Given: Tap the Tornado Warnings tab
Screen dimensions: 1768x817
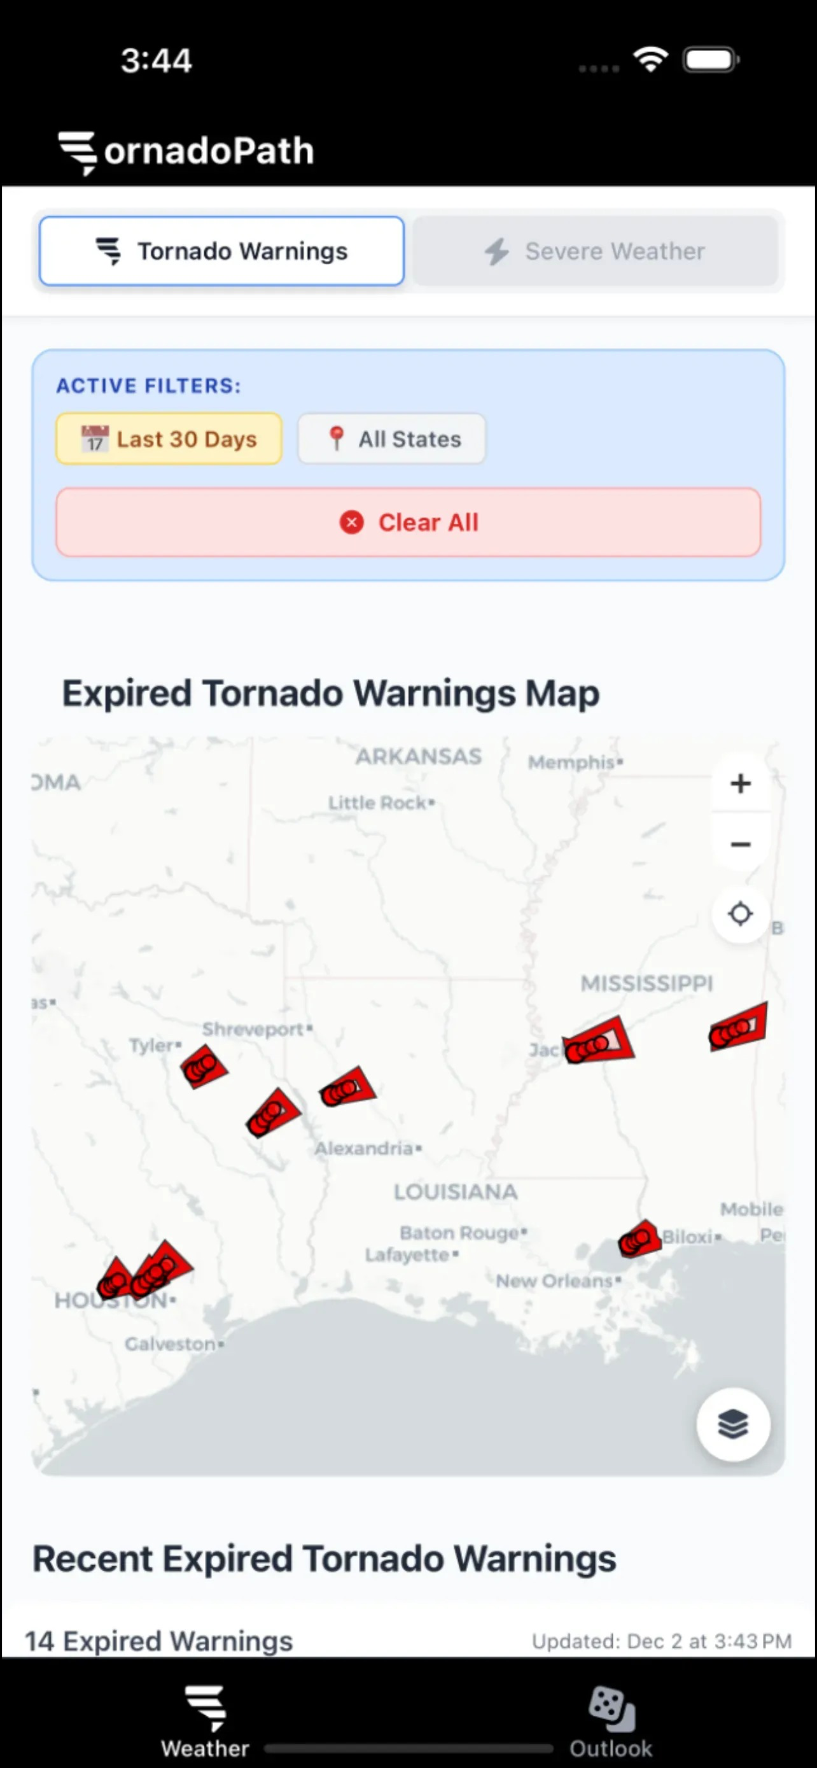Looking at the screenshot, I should coord(221,251).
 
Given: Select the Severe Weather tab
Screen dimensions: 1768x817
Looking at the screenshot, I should coord(595,251).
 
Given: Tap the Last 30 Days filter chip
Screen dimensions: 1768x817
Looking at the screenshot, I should coord(169,438).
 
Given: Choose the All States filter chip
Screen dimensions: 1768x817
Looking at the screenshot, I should coord(392,438).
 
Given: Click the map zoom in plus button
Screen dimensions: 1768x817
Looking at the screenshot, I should coord(740,783).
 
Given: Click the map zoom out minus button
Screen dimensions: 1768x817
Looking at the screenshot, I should coord(740,844).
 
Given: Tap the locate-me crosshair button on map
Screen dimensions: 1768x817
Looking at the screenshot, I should coord(740,913).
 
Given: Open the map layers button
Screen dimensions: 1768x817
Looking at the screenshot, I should coord(732,1424).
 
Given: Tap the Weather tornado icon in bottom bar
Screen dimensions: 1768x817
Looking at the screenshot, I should coord(205,1708).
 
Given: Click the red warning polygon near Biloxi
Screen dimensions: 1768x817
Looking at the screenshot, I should coord(638,1240).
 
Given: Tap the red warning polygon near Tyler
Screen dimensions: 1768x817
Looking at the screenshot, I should coord(203,1066).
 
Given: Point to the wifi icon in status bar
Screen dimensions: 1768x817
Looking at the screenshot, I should coord(650,60).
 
